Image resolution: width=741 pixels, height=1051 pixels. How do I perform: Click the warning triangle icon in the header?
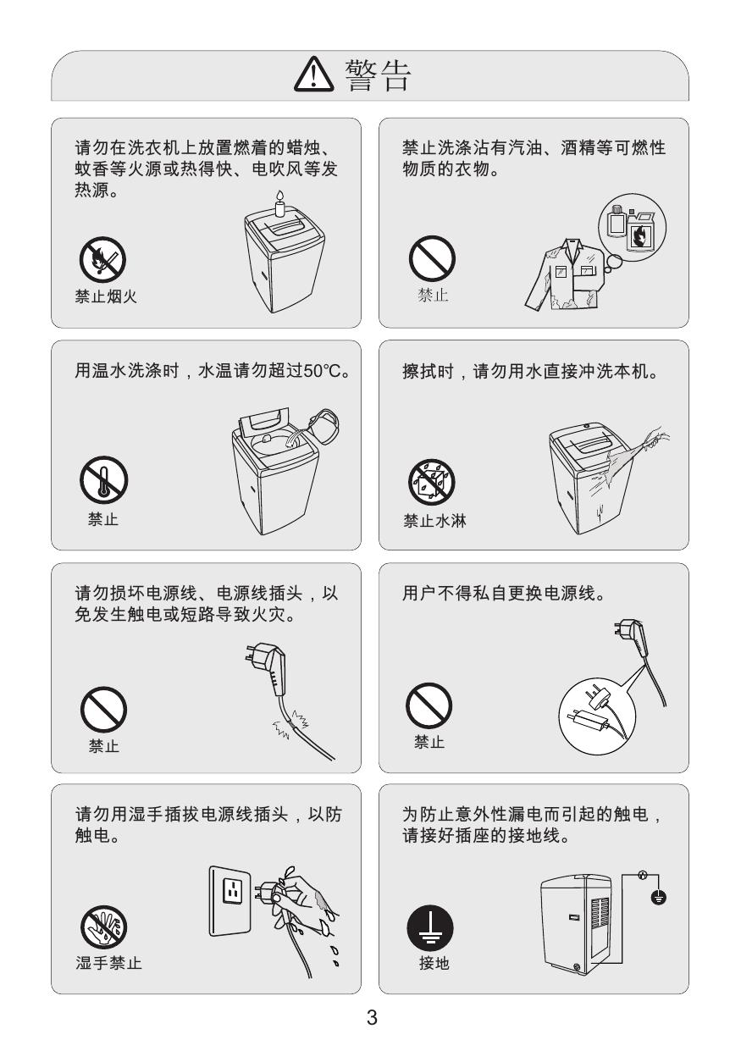(313, 75)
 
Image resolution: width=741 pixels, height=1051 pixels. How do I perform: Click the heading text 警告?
(378, 75)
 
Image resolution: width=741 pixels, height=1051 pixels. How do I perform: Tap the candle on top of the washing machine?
(279, 203)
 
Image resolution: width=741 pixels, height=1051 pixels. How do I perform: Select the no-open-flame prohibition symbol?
(102, 260)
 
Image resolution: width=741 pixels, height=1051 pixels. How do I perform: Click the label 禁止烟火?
(106, 296)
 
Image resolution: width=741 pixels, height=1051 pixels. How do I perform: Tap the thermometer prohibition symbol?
(103, 479)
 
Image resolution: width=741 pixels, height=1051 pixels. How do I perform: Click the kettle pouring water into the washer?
(323, 425)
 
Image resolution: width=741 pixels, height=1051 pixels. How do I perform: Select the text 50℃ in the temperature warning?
(322, 371)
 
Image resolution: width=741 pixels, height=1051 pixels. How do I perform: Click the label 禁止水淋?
(434, 521)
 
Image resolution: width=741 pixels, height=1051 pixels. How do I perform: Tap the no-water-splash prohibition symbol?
(432, 483)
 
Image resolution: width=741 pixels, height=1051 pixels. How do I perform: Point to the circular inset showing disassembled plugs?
(596, 717)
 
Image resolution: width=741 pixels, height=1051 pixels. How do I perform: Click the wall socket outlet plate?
(230, 901)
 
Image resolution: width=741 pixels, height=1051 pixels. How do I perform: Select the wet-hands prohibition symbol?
(103, 927)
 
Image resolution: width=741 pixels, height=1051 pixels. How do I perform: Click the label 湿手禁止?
(108, 963)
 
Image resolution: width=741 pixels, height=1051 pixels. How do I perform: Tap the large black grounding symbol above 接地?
(430, 927)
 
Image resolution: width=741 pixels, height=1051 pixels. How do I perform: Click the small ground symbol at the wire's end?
(658, 898)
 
